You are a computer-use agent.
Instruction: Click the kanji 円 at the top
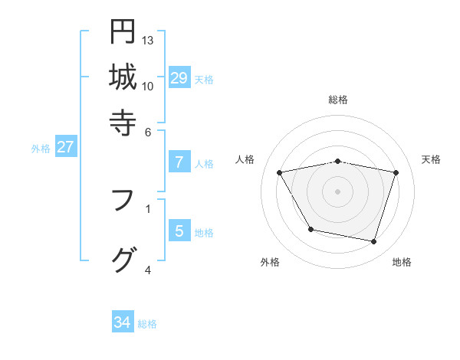click(123, 31)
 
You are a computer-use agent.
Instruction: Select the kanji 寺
click(123, 122)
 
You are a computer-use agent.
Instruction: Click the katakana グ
click(123, 260)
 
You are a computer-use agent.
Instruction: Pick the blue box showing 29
click(179, 77)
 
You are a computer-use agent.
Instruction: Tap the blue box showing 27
click(65, 147)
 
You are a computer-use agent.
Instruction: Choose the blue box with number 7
click(179, 162)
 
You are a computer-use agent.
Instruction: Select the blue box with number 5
click(179, 231)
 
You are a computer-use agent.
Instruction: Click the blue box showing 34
click(123, 322)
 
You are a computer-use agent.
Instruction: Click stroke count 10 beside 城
click(148, 86)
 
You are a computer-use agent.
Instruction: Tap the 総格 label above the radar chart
click(338, 100)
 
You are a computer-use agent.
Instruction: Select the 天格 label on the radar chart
click(432, 159)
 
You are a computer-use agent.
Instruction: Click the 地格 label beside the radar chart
click(402, 262)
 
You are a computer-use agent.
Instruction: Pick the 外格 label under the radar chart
click(270, 262)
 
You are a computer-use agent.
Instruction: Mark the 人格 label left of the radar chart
click(245, 159)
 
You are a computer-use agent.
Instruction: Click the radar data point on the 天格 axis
click(396, 172)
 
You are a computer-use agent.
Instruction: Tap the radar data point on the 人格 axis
click(280, 172)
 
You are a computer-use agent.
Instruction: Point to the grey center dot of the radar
click(338, 191)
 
